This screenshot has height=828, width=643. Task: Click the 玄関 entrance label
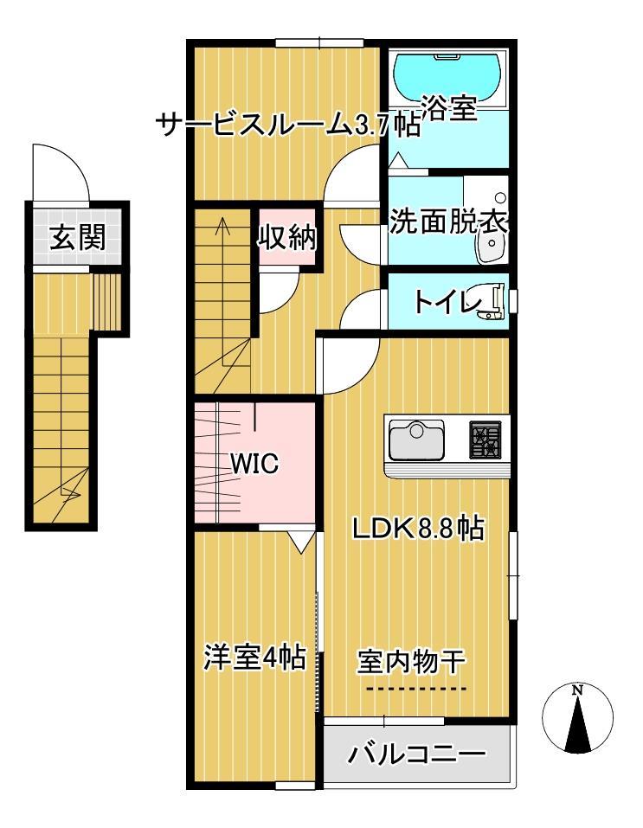77,237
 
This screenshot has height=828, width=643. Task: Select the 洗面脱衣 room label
447,222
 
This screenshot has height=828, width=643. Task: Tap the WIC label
254,465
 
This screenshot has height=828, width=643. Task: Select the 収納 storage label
287,236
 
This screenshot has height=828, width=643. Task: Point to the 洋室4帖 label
254,658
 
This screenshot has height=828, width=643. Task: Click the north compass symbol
577,720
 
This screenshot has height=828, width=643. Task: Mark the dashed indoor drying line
414,689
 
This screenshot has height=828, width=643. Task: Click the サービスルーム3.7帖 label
288,126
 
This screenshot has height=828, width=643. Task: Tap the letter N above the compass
577,690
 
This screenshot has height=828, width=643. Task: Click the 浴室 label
449,110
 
